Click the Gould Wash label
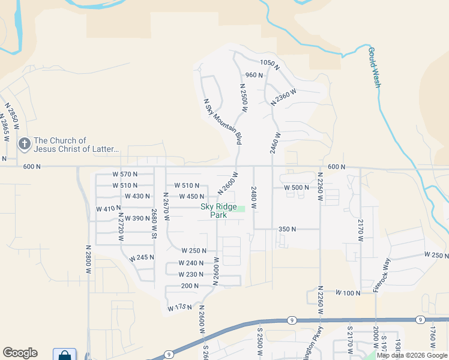pos(374,68)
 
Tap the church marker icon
pos(24,143)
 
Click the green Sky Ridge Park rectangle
pos(239,208)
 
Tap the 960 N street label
pos(254,75)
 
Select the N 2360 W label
pos(284,95)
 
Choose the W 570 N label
pos(125,174)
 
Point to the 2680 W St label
pos(154,223)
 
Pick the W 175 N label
pos(179,308)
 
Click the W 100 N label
pos(348,293)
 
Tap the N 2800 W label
pos(88,259)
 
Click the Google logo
pos(20,353)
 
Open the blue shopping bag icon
pos(64,355)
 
